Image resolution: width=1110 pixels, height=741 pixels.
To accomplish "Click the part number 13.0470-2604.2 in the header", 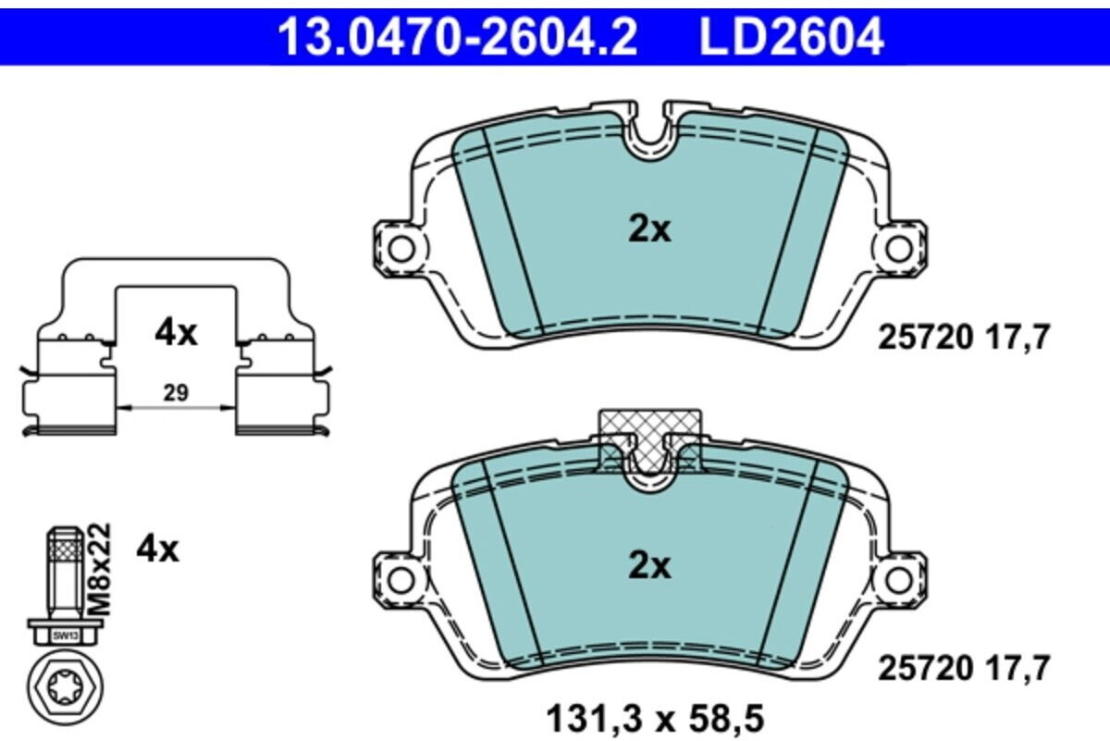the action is coord(458,36).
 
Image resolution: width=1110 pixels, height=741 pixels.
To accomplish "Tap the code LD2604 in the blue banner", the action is coord(792,36).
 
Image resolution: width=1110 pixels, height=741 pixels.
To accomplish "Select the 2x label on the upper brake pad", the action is coord(649,230).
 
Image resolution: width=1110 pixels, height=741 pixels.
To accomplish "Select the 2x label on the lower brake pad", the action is coord(649,566).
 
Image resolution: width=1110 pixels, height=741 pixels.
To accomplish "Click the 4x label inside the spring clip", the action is coord(176,333).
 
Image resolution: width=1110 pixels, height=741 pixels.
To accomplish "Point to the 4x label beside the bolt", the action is coord(157,550).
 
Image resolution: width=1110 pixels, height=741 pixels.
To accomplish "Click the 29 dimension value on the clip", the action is coord(177,393).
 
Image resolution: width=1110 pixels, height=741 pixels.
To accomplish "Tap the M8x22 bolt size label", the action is coord(101,569).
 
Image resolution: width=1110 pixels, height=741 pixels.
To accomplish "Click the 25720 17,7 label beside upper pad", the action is coord(964,338).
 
